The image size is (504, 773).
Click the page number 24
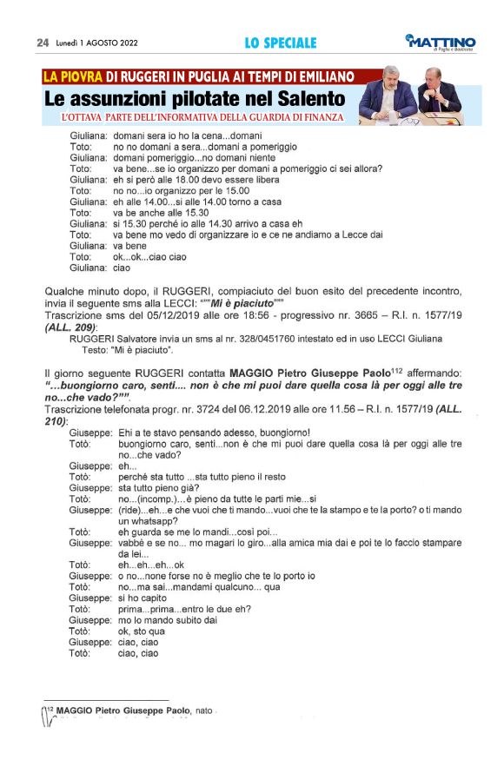[42, 43]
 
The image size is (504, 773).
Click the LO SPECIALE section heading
[281, 43]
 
